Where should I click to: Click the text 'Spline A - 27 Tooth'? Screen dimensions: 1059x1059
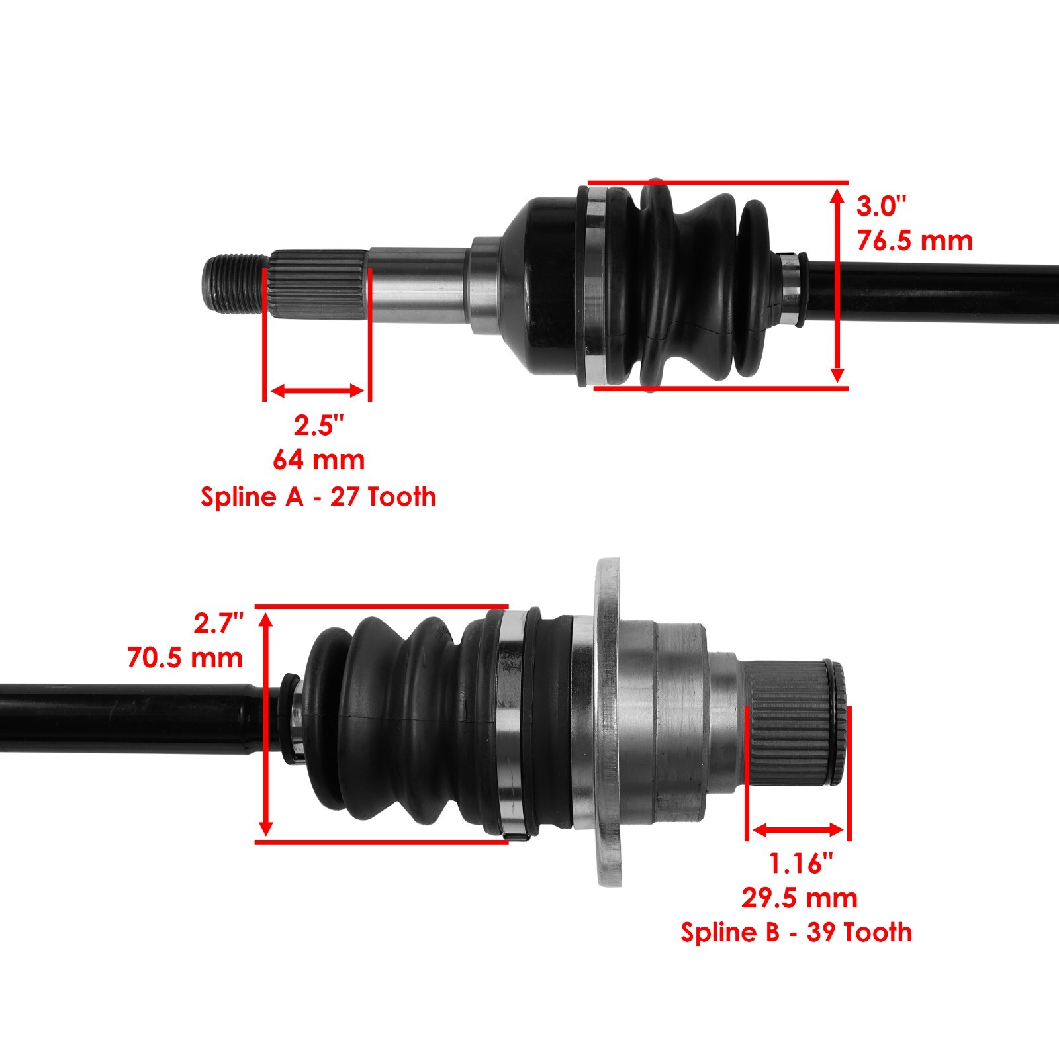tap(318, 496)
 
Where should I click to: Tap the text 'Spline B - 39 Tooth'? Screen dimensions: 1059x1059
tap(796, 932)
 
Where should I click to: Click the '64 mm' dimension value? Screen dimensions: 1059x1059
tap(318, 459)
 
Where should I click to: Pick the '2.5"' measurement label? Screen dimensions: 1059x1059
tap(319, 425)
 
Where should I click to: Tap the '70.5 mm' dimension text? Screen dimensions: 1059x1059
tap(185, 658)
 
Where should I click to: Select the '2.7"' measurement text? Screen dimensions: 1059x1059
tap(218, 623)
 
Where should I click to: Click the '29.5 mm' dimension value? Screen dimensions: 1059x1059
tap(799, 898)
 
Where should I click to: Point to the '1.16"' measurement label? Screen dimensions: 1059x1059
tap(800, 863)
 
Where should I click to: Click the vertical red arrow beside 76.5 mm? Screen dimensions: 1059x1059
tap(837, 285)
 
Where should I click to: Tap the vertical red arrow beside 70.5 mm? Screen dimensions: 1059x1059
tap(265, 723)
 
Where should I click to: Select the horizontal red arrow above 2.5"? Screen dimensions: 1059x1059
tap(318, 391)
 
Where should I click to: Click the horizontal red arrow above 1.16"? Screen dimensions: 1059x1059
tap(798, 829)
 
